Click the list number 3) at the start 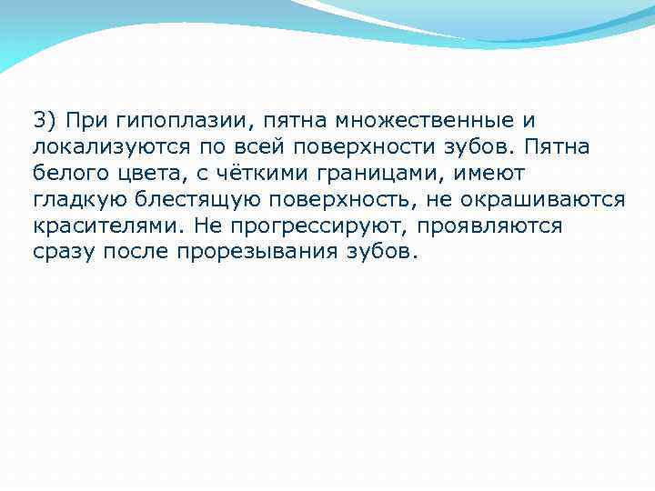point(45,119)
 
